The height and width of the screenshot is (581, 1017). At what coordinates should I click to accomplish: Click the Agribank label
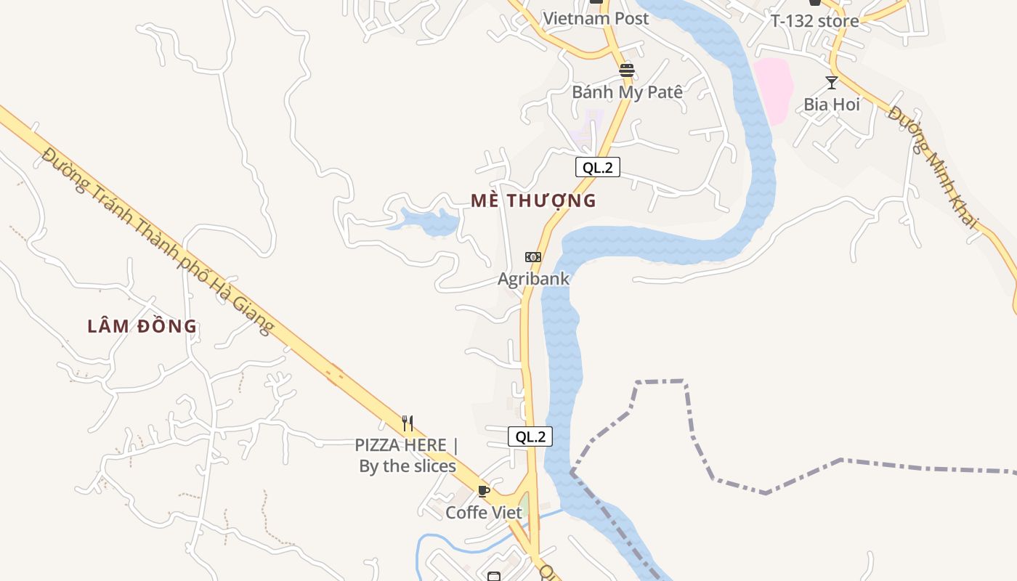(x=533, y=279)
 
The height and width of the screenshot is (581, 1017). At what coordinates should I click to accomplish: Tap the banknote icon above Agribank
(x=533, y=257)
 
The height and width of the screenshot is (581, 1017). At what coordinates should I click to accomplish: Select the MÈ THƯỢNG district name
(x=533, y=200)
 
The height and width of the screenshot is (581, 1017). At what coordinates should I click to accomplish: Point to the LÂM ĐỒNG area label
(x=142, y=327)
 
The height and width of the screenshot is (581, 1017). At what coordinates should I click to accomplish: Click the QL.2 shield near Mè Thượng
(x=598, y=168)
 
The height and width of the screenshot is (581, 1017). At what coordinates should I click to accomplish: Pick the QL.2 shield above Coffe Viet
(x=530, y=436)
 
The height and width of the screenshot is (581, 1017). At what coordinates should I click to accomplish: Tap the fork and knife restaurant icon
(x=408, y=423)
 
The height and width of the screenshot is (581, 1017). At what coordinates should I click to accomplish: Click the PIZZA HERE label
(x=408, y=455)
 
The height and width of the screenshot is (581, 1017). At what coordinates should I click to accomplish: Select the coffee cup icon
(x=484, y=491)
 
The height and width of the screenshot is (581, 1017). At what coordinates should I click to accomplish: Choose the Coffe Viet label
(x=484, y=513)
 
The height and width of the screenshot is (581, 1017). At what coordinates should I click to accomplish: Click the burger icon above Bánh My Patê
(x=627, y=70)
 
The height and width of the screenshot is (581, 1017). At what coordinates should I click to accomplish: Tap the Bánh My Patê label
(x=628, y=92)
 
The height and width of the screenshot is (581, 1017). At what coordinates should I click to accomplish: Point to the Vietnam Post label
(x=596, y=19)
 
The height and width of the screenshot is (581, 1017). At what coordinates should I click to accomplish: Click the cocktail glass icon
(x=832, y=82)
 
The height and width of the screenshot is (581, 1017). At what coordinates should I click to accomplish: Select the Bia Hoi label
(x=832, y=105)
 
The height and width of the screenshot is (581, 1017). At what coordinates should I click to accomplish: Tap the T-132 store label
(x=814, y=21)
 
